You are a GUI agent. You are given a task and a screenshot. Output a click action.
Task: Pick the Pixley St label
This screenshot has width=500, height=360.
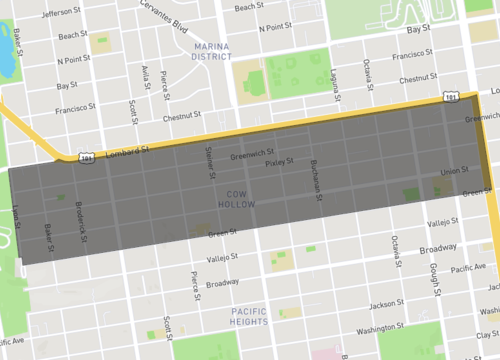tap(274, 161)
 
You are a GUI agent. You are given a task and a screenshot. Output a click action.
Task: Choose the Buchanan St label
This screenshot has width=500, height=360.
tap(317, 176)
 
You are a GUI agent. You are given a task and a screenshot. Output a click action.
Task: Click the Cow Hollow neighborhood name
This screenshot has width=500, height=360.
tap(236, 197)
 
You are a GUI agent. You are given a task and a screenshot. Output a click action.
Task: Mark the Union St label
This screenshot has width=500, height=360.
tap(453, 171)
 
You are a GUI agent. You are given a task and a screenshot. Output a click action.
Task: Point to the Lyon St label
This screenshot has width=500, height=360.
tap(18, 217)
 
